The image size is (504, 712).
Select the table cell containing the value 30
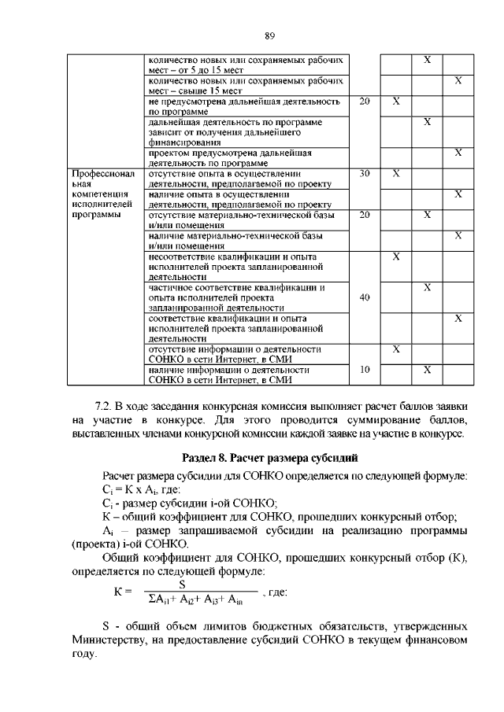364,173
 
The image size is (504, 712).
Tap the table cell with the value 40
364,297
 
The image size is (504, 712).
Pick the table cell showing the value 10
364,369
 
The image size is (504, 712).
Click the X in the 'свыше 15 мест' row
458,81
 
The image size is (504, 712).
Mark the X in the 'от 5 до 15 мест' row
427,61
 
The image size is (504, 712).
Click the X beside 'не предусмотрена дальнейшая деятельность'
396,101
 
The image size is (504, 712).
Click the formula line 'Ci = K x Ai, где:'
142,489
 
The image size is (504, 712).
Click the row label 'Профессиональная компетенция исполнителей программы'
103,194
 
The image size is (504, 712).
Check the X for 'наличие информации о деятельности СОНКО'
427,369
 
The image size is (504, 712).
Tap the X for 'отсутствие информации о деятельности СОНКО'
396,349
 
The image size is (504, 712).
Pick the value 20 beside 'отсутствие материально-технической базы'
364,214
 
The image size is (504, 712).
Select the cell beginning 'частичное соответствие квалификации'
248,297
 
